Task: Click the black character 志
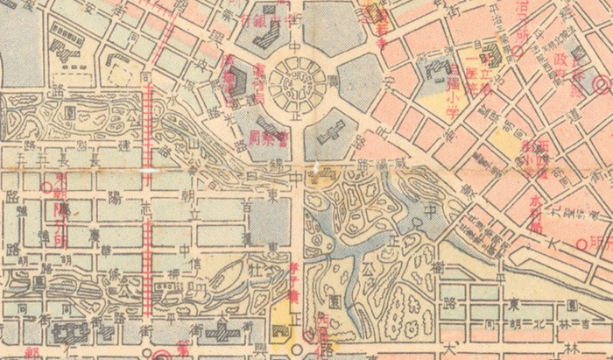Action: click(x=147, y=210)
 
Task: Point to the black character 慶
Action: click(x=93, y=236)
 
